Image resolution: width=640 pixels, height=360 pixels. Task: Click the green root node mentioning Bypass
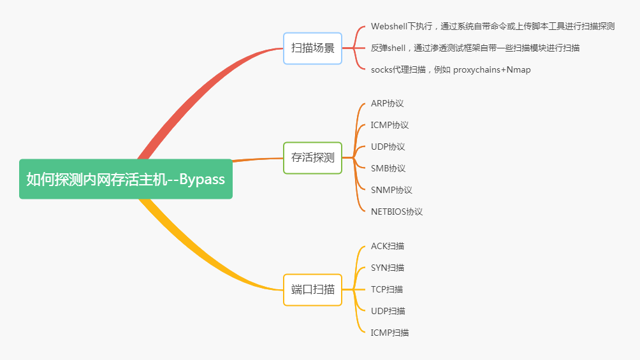click(126, 179)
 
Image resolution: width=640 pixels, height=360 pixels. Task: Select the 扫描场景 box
click(312, 48)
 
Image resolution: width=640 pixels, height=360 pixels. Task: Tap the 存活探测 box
click(312, 157)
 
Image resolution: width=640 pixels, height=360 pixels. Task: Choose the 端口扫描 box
click(312, 289)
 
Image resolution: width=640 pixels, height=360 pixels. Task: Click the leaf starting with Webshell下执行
click(492, 26)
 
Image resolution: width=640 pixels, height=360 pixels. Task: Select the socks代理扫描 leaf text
click(450, 69)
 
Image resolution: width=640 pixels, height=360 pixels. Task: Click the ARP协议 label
click(387, 103)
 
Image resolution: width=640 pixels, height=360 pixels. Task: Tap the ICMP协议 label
click(389, 125)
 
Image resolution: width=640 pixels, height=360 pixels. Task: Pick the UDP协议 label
click(388, 147)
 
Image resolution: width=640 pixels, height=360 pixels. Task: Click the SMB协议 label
click(388, 168)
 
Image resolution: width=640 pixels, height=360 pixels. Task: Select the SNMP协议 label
click(391, 190)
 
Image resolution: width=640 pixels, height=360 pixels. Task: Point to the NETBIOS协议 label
click(396, 212)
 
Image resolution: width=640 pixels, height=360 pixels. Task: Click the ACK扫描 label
click(387, 246)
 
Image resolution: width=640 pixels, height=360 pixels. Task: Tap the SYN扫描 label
click(387, 268)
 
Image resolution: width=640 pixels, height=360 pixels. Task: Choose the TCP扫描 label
click(386, 289)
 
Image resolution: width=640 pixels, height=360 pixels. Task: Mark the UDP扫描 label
click(388, 311)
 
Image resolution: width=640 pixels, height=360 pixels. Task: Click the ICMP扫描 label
click(389, 333)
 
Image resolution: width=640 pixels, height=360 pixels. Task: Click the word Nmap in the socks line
click(518, 69)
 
